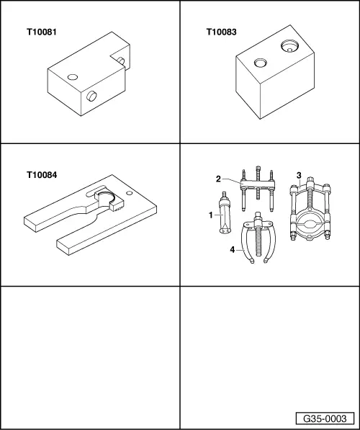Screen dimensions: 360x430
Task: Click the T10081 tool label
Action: coord(42,32)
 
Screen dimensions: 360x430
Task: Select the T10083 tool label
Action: coord(221,32)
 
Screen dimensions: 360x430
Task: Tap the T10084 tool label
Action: coord(42,175)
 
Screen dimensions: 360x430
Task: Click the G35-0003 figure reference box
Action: coord(325,418)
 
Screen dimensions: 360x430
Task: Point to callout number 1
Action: coord(210,215)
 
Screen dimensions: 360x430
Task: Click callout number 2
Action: coord(218,179)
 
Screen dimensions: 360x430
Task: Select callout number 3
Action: coord(299,175)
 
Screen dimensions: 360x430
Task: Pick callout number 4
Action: coord(233,250)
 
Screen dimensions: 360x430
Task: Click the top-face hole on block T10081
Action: coord(73,77)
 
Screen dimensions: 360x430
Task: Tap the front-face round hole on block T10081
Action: coord(91,96)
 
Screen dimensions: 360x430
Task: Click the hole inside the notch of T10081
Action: coord(121,61)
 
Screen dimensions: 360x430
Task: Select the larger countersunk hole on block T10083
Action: coord(289,46)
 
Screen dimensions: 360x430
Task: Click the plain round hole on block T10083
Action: coord(260,63)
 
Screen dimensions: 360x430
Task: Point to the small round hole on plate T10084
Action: coord(130,193)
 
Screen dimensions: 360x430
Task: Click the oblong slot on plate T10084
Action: coord(96,191)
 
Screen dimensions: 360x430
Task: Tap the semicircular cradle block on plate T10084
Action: coord(109,202)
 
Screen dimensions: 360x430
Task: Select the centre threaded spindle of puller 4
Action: coord(258,235)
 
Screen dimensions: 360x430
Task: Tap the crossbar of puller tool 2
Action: coord(258,184)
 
